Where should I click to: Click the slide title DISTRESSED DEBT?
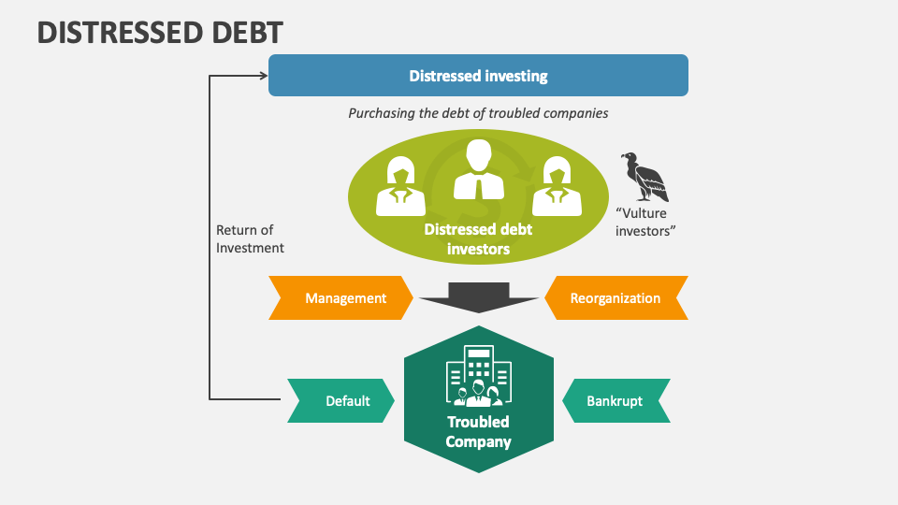pyautogui.click(x=160, y=33)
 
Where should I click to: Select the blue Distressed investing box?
pyautogui.click(x=478, y=76)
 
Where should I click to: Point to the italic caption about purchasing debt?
pyautogui.click(x=478, y=113)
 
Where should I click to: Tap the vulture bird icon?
pyautogui.click(x=645, y=178)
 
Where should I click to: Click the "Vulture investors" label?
pyautogui.click(x=645, y=223)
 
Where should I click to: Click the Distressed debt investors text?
pyautogui.click(x=478, y=238)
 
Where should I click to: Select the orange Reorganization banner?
pyautogui.click(x=615, y=298)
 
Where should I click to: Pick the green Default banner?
pyautogui.click(x=342, y=401)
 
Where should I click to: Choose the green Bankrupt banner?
pyautogui.click(x=615, y=401)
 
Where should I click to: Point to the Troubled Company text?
pyautogui.click(x=478, y=432)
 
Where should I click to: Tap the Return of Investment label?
pyautogui.click(x=250, y=238)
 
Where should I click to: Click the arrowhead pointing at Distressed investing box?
pyautogui.click(x=263, y=76)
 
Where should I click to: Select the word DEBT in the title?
pyautogui.click(x=239, y=33)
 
